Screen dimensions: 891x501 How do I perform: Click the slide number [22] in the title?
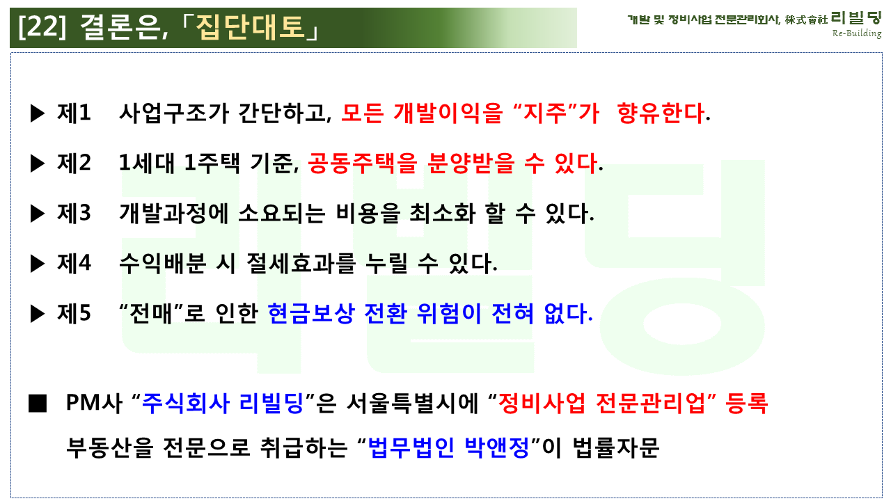point(42,26)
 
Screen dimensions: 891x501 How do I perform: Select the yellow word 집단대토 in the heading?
point(251,27)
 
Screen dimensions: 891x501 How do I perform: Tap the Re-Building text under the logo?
point(857,33)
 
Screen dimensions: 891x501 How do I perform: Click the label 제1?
point(74,113)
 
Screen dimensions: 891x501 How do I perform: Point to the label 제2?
point(74,163)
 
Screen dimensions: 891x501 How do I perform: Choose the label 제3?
point(74,213)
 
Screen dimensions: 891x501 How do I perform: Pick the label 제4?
point(74,263)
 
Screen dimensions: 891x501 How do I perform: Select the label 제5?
point(74,313)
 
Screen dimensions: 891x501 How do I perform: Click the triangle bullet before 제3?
point(38,214)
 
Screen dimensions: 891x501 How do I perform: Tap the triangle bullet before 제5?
point(38,314)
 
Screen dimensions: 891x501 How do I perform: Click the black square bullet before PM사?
point(38,403)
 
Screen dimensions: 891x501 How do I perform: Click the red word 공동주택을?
point(363,163)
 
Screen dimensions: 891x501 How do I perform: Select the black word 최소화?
point(443,214)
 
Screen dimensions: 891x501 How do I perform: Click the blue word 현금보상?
point(311,314)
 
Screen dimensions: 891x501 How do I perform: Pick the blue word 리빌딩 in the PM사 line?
point(271,403)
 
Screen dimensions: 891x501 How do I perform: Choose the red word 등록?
point(747,403)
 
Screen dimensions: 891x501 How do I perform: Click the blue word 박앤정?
point(497,447)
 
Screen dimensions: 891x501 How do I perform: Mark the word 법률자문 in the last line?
point(616,447)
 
